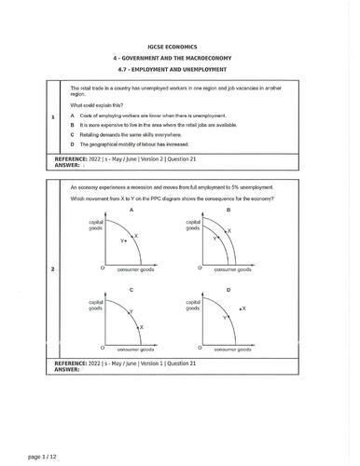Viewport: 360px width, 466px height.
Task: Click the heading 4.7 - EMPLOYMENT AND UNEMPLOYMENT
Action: tap(181, 69)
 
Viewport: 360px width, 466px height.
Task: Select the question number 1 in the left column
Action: tap(53, 117)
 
